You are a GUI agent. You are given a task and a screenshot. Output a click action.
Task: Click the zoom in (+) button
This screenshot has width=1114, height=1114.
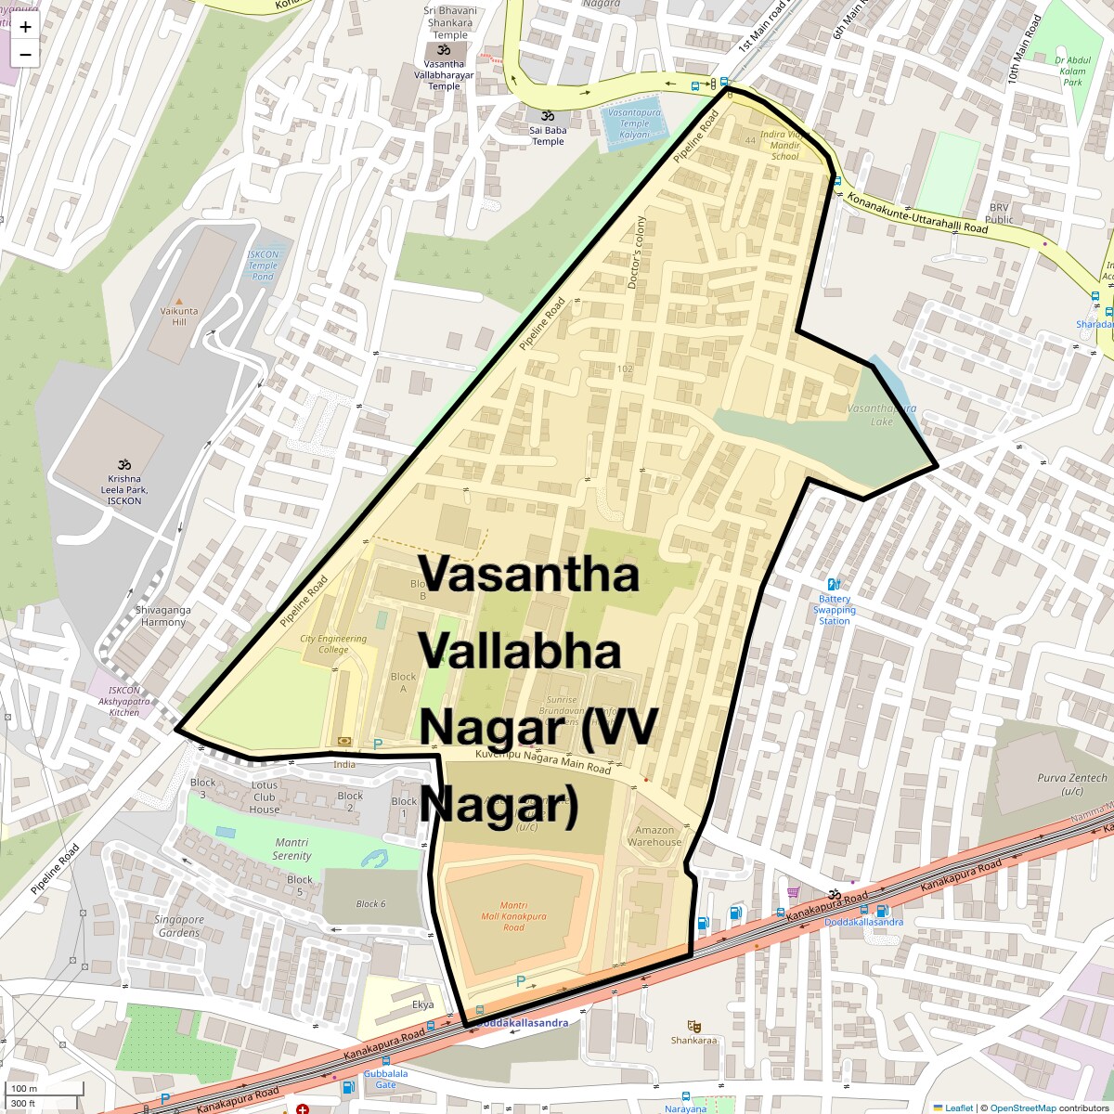[25, 27]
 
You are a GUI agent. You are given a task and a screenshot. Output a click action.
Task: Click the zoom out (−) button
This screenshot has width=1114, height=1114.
[25, 54]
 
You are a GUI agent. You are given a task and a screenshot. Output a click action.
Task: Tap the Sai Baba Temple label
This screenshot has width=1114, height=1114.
[548, 136]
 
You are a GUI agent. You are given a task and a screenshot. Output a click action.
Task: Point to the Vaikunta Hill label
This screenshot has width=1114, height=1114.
[173, 317]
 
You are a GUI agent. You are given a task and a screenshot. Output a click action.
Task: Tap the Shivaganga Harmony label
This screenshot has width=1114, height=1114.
[163, 615]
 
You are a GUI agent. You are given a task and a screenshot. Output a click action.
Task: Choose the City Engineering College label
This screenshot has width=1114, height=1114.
[333, 643]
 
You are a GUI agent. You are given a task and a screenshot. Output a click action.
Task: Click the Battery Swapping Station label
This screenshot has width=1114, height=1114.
[834, 610]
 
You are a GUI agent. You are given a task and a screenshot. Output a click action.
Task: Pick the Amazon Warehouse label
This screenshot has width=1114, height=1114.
[654, 836]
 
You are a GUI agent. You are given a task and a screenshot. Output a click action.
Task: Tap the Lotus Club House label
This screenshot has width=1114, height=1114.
[265, 797]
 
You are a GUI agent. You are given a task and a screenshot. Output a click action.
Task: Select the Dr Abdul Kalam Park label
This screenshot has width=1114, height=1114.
[1072, 71]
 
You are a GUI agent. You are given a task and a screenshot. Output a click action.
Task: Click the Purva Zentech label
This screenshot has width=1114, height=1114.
[1072, 784]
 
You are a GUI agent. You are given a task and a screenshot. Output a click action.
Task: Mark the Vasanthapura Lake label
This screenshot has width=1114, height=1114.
[881, 415]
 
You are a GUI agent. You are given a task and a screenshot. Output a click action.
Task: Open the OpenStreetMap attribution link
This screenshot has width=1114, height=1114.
[1022, 1108]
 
